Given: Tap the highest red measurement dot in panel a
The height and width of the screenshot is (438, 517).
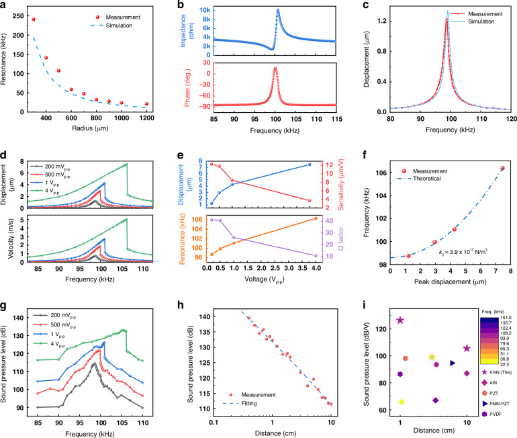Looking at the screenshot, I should (34, 19).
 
